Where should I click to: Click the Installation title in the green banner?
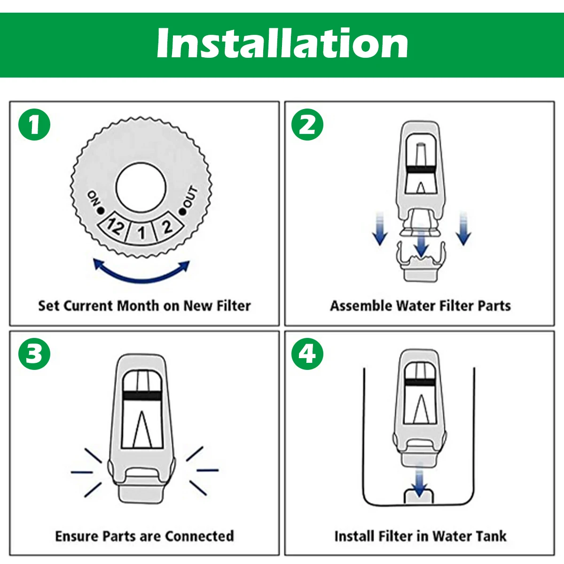[282, 43]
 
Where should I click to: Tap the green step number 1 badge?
[34, 125]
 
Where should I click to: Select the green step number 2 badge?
[307, 125]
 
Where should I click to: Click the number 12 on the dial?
[115, 226]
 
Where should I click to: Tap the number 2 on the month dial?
[167, 227]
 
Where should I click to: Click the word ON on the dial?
[94, 198]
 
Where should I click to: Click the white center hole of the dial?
[141, 188]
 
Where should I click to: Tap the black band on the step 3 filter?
[142, 396]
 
